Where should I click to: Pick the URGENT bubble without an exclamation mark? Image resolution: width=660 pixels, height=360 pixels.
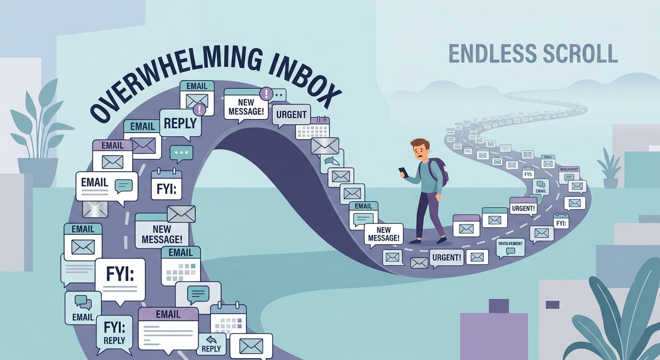(x=291, y=115)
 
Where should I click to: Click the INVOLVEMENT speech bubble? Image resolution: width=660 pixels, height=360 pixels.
(x=510, y=247)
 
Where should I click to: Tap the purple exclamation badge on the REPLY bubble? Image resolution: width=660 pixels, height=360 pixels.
(x=199, y=110)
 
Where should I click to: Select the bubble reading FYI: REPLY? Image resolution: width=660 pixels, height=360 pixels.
(x=114, y=334)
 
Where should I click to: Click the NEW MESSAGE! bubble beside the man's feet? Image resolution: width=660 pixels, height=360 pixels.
(x=383, y=234)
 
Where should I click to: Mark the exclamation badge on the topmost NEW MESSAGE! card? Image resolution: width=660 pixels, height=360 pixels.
(x=266, y=93)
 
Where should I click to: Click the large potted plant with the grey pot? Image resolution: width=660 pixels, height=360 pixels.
(x=37, y=136)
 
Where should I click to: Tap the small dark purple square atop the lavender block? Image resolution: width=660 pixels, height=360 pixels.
(x=498, y=306)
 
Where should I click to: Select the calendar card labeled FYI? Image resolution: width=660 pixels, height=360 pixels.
(x=166, y=185)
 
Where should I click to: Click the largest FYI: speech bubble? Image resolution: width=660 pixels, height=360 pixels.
(x=120, y=279)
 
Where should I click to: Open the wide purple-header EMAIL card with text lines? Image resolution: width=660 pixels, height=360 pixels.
(x=168, y=328)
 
